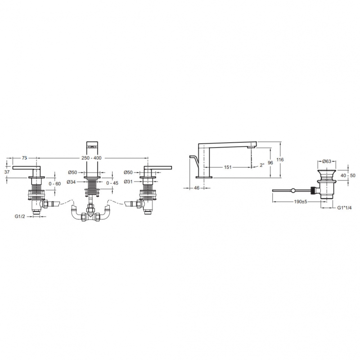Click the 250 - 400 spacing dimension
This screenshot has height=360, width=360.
(x=91, y=158)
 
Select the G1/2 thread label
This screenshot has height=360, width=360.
(x=20, y=216)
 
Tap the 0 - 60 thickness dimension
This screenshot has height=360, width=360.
(x=54, y=184)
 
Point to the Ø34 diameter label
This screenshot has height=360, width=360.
(x=71, y=182)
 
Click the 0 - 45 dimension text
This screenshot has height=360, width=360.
(x=112, y=183)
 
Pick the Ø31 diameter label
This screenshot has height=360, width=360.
(x=128, y=182)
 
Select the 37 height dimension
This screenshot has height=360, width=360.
(x=7, y=172)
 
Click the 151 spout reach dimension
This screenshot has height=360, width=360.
(x=228, y=167)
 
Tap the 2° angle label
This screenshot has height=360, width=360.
(x=262, y=165)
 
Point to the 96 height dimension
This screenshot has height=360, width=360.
(x=270, y=162)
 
